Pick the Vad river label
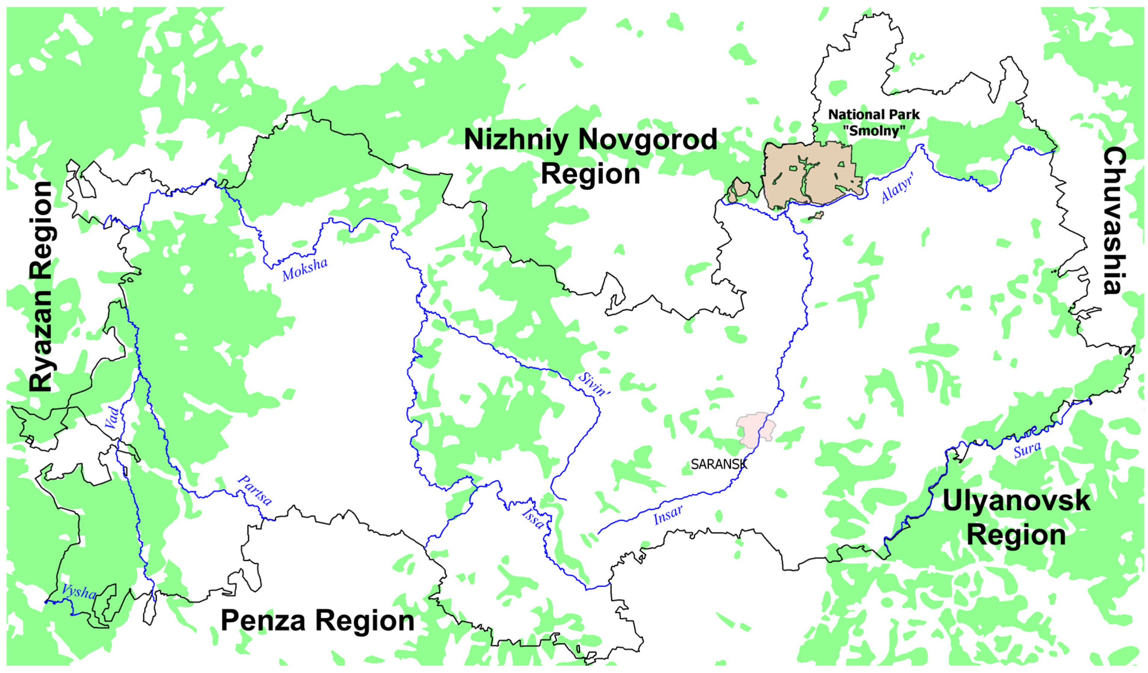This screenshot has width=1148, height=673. tap(112, 418)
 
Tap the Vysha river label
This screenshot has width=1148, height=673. tap(79, 591)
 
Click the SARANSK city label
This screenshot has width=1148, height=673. tap(719, 464)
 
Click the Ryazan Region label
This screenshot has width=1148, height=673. tap(42, 287)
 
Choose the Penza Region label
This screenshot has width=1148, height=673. tap(318, 620)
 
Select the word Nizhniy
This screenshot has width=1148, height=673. tap(516, 139)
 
